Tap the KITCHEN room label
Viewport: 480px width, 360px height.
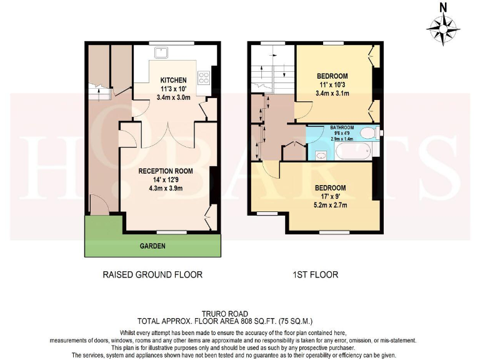pyautogui.click(x=173, y=81)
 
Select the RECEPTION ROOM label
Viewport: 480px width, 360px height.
pyautogui.click(x=166, y=171)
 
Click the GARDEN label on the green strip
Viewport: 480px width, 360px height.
pyautogui.click(x=152, y=246)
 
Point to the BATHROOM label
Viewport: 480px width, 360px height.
pyautogui.click(x=342, y=127)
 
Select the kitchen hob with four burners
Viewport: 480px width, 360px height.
pyautogui.click(x=204, y=77)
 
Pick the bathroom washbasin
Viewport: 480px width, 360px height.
pyautogui.click(x=321, y=155)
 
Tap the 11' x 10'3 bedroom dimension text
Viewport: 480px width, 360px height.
pyautogui.click(x=331, y=84)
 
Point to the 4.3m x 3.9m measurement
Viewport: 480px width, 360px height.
pyautogui.click(x=166, y=187)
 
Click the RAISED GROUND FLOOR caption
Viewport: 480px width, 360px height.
pyautogui.click(x=152, y=274)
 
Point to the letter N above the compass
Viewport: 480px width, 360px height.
pyautogui.click(x=443, y=7)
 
